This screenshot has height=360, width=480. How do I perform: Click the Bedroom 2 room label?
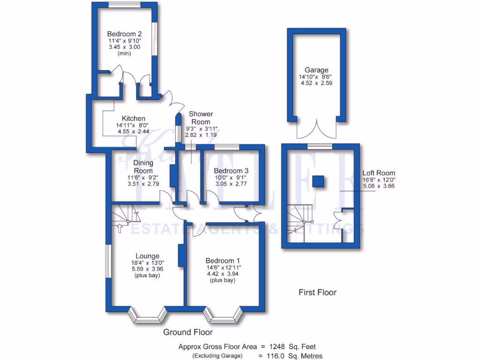point(124,34)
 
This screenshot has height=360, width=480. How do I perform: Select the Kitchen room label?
point(134,118)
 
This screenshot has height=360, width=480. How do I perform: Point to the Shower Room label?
point(201,118)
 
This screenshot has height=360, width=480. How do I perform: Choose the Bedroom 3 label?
point(228,171)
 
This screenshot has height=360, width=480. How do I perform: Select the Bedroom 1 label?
point(223,260)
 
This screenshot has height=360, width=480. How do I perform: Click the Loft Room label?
point(379,172)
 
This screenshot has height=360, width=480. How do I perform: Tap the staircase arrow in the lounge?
point(119,229)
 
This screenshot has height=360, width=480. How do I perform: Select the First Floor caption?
point(317,292)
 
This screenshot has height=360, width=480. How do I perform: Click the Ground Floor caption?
point(187,332)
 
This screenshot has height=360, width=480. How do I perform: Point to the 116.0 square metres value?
point(281,356)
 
